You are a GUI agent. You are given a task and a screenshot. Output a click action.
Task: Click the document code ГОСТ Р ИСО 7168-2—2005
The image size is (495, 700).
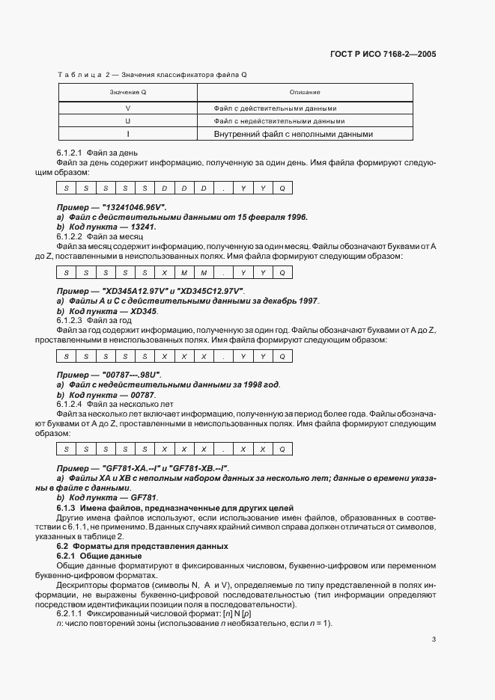(x=383, y=55)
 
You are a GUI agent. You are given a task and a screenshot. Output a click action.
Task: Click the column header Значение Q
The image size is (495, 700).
(x=127, y=92)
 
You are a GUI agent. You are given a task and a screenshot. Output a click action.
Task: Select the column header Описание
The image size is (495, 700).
(x=304, y=92)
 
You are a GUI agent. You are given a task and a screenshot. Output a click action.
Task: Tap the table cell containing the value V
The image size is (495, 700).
(x=127, y=107)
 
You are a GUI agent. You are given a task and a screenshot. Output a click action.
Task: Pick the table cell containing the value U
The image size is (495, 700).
(x=127, y=120)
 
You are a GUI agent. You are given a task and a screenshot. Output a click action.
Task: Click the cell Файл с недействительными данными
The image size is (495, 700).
(x=279, y=120)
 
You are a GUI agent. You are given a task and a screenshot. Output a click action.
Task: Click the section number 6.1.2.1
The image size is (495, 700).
(x=71, y=153)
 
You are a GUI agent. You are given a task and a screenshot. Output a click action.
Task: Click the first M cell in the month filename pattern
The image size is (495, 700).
(x=183, y=273)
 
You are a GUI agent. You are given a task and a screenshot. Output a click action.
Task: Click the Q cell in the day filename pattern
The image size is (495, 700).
(x=282, y=189)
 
